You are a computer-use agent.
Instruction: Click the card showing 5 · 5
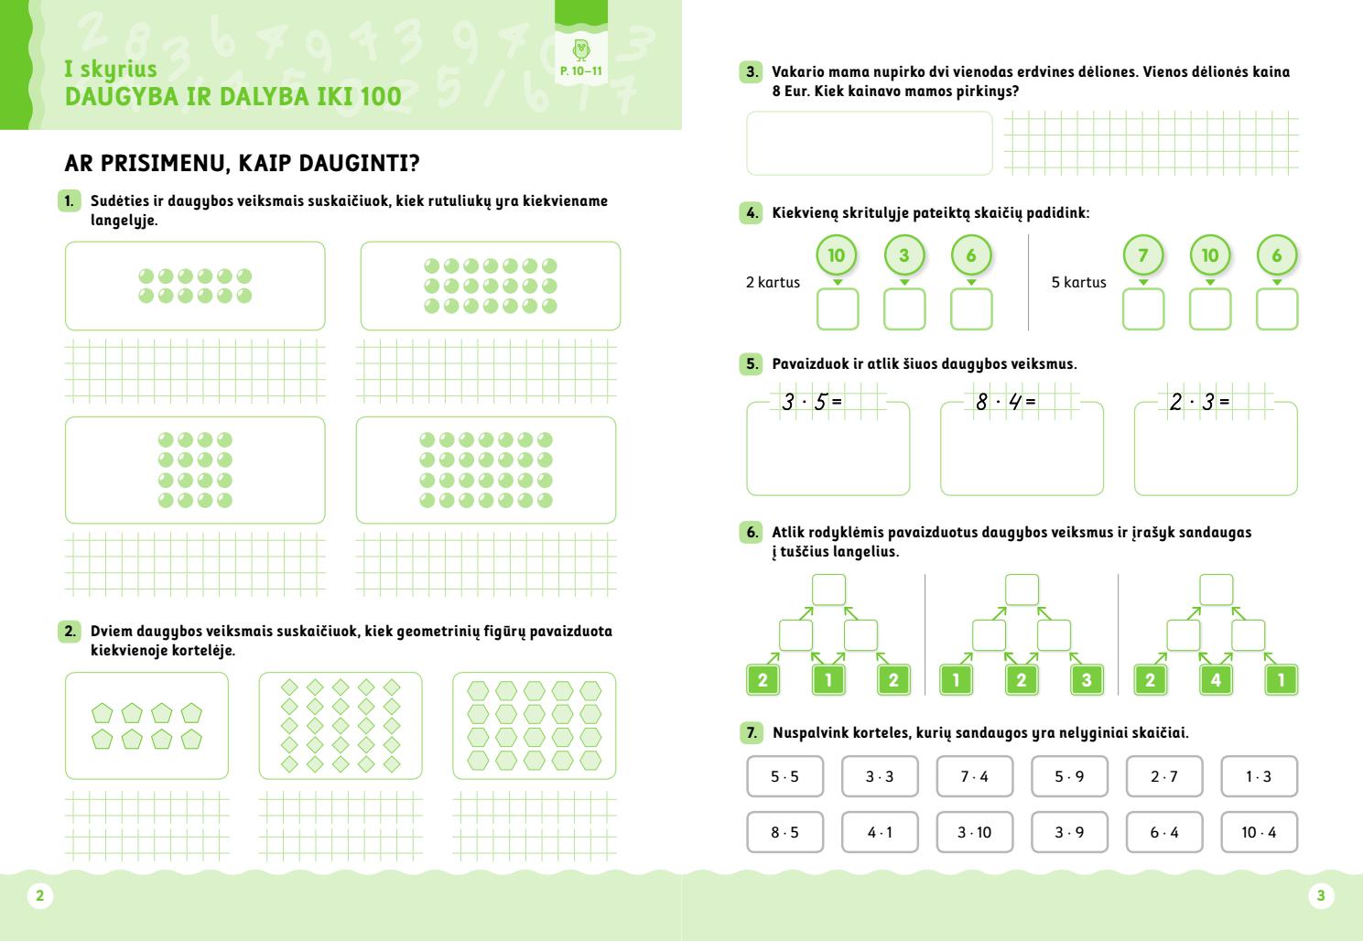[784, 776]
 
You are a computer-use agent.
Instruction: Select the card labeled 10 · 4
[1259, 832]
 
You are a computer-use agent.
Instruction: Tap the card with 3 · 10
[974, 832]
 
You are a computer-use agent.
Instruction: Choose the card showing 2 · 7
[1163, 776]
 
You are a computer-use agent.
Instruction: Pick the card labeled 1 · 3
[1259, 776]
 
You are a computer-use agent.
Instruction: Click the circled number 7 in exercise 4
[1142, 255]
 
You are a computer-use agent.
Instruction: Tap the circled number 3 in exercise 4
[904, 255]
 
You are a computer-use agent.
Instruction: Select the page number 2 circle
[39, 896]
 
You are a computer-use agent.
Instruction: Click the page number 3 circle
[1320, 896]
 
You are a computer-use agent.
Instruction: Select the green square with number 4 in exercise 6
[1216, 680]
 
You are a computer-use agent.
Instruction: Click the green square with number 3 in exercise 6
[1087, 680]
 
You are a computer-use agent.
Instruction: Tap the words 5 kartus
[1078, 283]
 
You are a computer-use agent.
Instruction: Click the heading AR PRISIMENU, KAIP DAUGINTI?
[242, 164]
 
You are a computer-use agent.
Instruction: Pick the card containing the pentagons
[146, 726]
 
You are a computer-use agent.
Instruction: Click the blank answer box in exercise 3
[869, 143]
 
